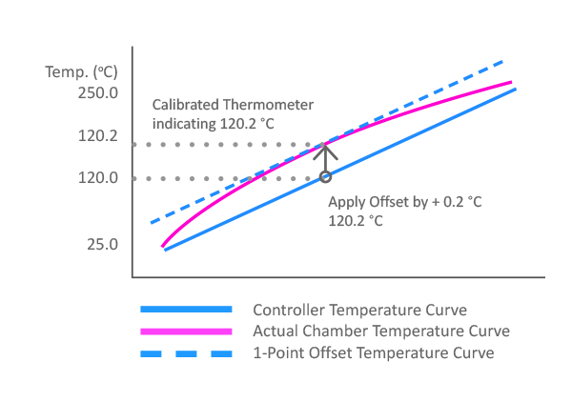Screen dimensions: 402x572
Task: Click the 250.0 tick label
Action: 97,93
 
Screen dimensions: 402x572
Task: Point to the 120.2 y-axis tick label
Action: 97,136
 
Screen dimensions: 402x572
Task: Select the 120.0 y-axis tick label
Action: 97,178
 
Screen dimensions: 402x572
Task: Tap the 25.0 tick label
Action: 101,245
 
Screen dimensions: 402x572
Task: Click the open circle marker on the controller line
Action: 325,176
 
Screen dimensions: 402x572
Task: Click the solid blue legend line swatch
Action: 186,310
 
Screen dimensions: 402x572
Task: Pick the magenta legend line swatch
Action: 186,332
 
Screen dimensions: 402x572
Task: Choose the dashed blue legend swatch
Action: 186,352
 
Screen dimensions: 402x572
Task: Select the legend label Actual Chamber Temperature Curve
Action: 381,332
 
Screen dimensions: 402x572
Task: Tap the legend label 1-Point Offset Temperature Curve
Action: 373,352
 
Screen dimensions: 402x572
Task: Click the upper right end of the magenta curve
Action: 513,82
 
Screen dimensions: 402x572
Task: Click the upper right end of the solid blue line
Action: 515,89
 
